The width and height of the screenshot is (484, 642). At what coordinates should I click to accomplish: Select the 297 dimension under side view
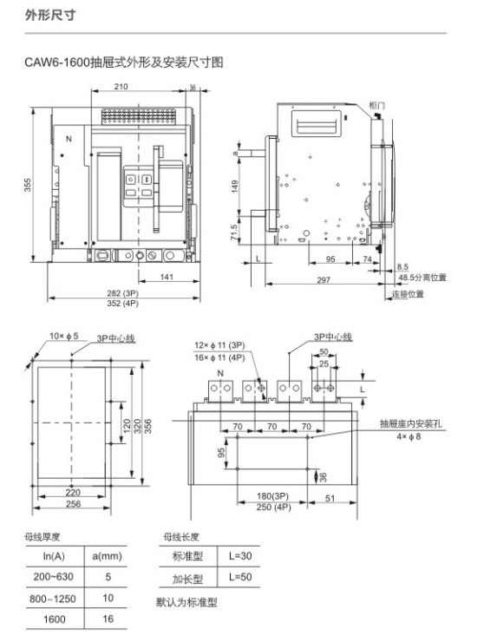pos(324,279)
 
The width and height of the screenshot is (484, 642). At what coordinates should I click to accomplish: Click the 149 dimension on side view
pos(237,185)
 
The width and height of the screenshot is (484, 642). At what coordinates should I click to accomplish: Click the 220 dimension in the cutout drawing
pos(73,492)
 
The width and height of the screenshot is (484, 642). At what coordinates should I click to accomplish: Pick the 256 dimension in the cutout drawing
pos(73,504)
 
